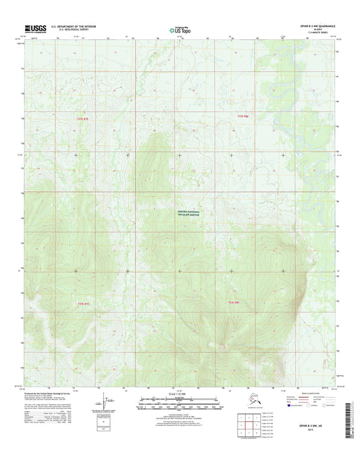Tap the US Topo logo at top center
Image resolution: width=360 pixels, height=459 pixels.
pos(179,29)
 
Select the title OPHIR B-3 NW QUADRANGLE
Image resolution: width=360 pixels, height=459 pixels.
pos(315,26)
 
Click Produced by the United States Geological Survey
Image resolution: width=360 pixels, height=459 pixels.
pos(50,394)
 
